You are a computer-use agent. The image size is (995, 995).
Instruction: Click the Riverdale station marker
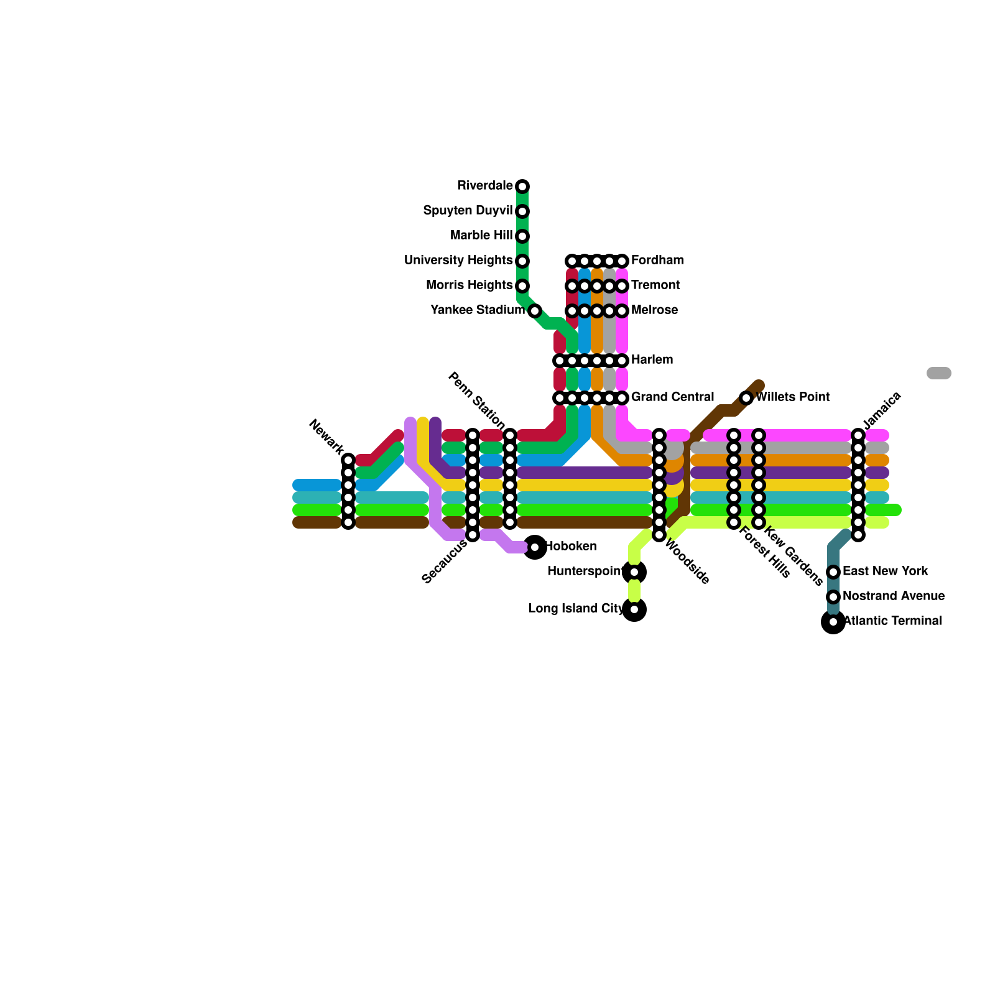point(522,187)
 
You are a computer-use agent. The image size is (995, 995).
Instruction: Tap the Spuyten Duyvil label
point(468,211)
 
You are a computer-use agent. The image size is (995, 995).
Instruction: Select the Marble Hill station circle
point(522,236)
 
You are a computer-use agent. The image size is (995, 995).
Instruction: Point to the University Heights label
point(458,261)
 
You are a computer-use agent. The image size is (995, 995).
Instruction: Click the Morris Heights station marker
point(522,286)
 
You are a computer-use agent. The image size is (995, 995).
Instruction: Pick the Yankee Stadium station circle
point(535,311)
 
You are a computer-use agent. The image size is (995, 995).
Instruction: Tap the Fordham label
point(657,261)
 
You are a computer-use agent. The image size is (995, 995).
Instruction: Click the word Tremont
point(655,285)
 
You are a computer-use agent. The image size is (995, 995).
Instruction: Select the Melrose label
point(654,310)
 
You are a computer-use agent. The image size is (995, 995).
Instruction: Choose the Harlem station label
point(652,360)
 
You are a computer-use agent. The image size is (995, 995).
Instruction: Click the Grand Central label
point(672,397)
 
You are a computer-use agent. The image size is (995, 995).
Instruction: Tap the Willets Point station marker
point(746,398)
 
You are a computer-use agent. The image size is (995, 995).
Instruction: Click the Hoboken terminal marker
point(535,547)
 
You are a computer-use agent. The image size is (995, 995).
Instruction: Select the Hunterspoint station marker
point(634,572)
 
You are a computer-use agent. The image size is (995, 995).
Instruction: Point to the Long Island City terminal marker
point(634,609)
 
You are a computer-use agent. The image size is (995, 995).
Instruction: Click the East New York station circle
point(833,572)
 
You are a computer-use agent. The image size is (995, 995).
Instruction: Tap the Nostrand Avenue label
point(894,596)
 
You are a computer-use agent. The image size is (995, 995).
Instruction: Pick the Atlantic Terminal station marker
point(833,622)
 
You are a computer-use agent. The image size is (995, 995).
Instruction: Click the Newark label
point(326,437)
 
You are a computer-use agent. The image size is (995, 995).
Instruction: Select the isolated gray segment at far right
point(939,373)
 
